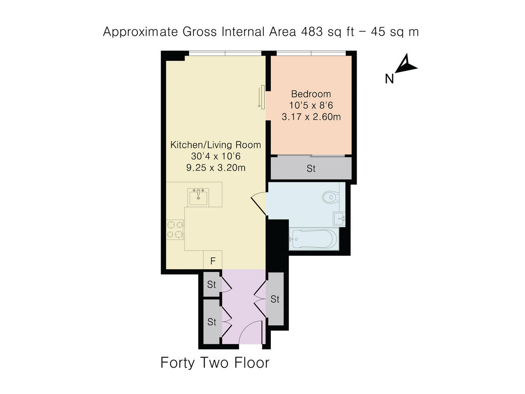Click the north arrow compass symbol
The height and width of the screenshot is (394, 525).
pyautogui.click(x=406, y=64)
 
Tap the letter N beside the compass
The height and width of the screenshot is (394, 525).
pyautogui.click(x=389, y=79)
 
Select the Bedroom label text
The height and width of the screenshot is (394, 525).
pyautogui.click(x=311, y=94)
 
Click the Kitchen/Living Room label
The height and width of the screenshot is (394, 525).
pyautogui.click(x=215, y=145)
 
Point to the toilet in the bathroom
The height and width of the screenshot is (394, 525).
pyautogui.click(x=330, y=197)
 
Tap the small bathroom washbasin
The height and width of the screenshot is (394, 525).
pyautogui.click(x=339, y=217)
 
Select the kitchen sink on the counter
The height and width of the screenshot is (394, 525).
pyautogui.click(x=199, y=197)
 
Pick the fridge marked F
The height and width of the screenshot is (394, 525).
pyautogui.click(x=213, y=261)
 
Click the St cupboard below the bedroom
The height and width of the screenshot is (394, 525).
pyautogui.click(x=311, y=169)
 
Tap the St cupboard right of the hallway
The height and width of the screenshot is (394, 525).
pyautogui.click(x=275, y=299)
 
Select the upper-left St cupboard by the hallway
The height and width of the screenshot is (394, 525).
pyautogui.click(x=212, y=285)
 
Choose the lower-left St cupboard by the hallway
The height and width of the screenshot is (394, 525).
pyautogui.click(x=212, y=322)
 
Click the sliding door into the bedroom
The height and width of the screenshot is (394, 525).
pyautogui.click(x=261, y=96)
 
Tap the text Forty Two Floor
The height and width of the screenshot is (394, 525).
pyautogui.click(x=215, y=363)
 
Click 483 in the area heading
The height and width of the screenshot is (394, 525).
pyautogui.click(x=310, y=32)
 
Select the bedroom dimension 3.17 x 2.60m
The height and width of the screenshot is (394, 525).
pyautogui.click(x=311, y=117)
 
